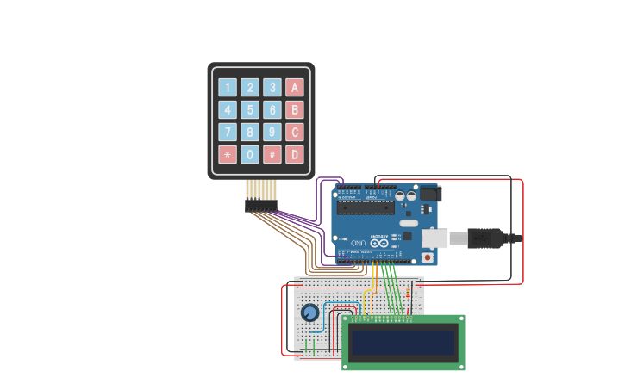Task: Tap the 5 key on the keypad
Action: pos(250,109)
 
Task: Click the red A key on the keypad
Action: pos(295,87)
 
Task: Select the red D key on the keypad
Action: pos(295,154)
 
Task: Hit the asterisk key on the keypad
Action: pos(228,154)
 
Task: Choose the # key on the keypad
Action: pos(272,154)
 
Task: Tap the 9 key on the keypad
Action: pos(272,132)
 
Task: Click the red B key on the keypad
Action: pos(295,109)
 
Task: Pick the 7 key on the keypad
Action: pos(228,132)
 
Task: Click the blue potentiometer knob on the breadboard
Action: pos(309,313)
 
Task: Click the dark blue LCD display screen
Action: pos(403,343)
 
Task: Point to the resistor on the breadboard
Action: pos(409,294)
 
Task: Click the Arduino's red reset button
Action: pos(427,257)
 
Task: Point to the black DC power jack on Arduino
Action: pos(428,194)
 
